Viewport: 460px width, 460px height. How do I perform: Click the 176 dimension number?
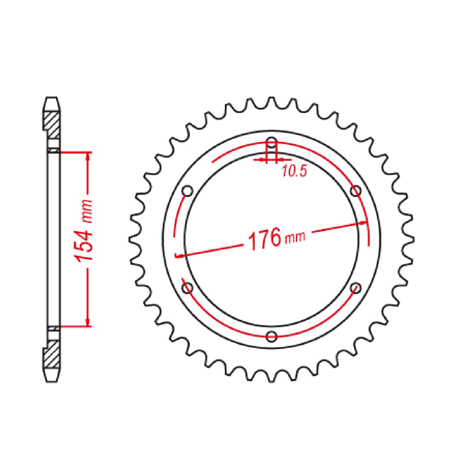click(264, 239)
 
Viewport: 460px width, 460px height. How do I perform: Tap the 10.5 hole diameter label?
click(294, 172)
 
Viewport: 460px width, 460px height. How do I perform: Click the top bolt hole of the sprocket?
click(272, 142)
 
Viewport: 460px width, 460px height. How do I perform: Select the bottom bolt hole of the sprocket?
click(272, 336)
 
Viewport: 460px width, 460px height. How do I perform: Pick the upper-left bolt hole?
click(187, 190)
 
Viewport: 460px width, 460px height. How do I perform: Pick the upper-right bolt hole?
click(356, 190)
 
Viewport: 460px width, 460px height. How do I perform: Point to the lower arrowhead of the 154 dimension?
click(88, 321)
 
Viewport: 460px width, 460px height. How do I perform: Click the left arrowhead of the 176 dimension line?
click(179, 255)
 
